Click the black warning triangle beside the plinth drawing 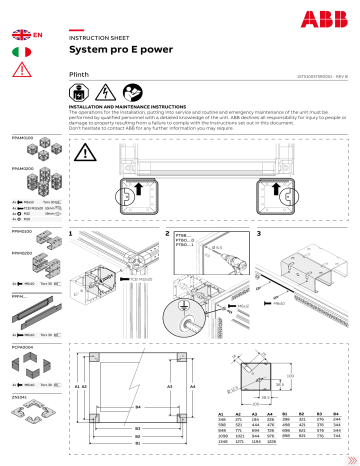(87, 152)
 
